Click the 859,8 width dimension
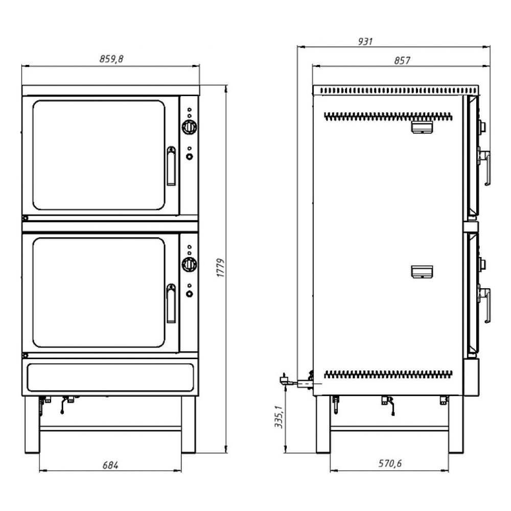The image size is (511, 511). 111,59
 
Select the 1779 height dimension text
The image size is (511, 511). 221,268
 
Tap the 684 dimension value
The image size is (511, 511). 110,466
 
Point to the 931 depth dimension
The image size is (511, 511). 365,42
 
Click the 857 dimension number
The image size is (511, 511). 402,61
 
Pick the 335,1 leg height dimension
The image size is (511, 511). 279,417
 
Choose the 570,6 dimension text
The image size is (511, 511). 390,463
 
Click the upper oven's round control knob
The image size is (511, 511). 190,127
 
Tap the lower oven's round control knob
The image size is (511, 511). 190,264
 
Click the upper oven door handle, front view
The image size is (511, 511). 171,166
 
